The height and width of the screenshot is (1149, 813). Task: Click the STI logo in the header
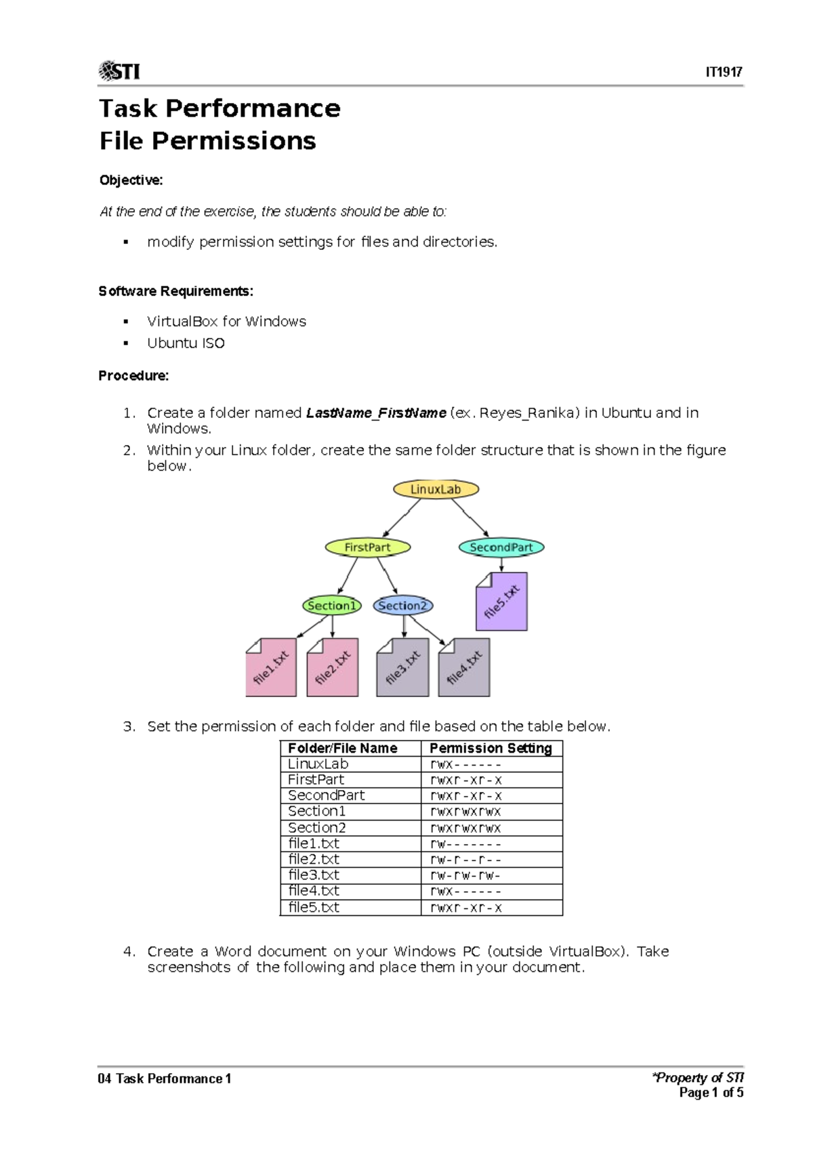(x=119, y=70)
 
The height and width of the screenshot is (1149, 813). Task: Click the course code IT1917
(x=724, y=72)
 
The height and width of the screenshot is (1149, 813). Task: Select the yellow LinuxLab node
(x=436, y=489)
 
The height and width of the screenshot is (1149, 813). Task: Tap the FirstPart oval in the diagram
(x=367, y=547)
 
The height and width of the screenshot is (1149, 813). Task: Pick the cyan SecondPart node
(x=501, y=547)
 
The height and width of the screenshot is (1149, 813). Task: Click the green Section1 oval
(x=331, y=606)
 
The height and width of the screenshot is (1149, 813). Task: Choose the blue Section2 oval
(x=402, y=606)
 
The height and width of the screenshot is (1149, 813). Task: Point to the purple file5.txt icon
(x=502, y=602)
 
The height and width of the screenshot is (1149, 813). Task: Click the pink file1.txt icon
(x=271, y=667)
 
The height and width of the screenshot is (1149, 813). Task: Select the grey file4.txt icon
(x=464, y=667)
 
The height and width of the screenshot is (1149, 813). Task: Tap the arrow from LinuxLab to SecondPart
(x=470, y=518)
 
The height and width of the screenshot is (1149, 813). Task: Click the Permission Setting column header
(x=491, y=748)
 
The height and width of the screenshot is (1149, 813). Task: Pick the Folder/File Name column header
(x=343, y=748)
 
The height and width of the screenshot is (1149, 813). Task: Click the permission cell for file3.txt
(x=465, y=875)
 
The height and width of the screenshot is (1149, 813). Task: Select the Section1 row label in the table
(x=317, y=811)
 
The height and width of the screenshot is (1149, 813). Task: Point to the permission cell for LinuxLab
(x=465, y=764)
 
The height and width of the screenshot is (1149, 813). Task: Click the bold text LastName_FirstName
(x=376, y=413)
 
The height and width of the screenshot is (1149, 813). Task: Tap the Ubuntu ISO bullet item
(x=186, y=343)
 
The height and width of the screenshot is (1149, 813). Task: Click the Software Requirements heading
(x=175, y=291)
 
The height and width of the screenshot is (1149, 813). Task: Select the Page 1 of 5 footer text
(x=711, y=1092)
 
